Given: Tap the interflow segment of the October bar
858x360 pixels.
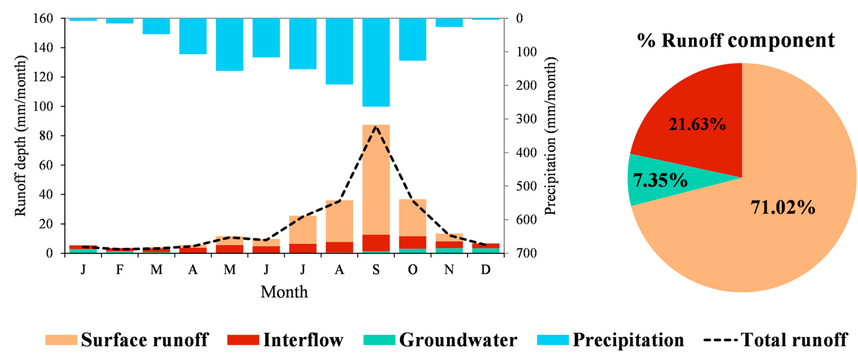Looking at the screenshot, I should [x=413, y=242].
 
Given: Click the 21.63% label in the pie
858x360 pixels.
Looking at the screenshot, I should [x=697, y=125].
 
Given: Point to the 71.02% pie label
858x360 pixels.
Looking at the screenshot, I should [x=783, y=207].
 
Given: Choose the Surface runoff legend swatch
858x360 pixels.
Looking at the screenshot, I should [x=61, y=340].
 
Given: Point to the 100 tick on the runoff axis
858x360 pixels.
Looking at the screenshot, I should [x=43, y=107].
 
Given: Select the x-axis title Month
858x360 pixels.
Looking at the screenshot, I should [x=284, y=292].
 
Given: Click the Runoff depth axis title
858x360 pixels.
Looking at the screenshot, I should [x=20, y=136].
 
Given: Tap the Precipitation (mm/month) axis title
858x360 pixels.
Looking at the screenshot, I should [x=550, y=136].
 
